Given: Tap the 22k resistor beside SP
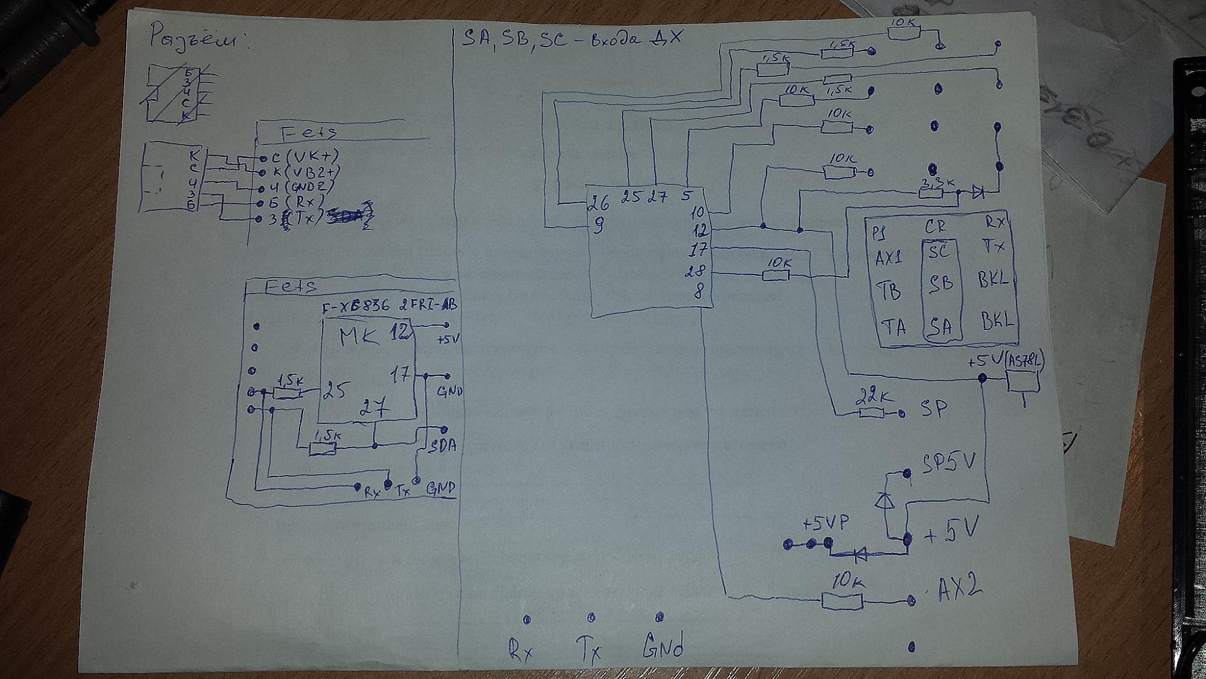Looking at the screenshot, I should click(871, 413).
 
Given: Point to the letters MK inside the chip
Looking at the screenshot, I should click(359, 337).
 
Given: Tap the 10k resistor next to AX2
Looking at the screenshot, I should click(842, 601).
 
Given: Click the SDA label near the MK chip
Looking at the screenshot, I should click(443, 445).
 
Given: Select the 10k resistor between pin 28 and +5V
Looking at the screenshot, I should click(776, 275).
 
